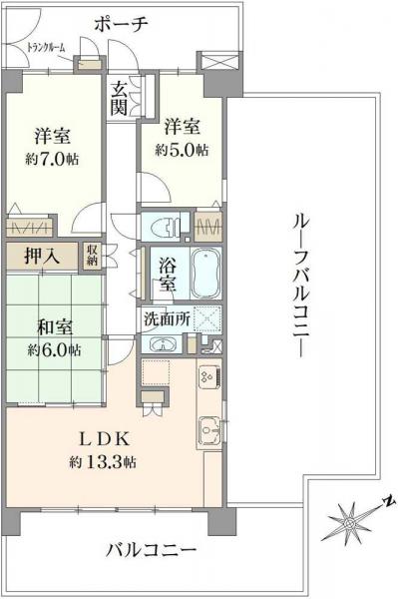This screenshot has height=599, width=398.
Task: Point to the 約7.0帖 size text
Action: pos(54,159)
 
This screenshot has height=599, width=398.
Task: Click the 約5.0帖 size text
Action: pos(183,149)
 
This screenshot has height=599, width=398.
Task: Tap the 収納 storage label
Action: pos(92,255)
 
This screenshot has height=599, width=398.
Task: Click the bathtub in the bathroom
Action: pos(206,270)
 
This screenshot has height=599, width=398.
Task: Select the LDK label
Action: pos(100,439)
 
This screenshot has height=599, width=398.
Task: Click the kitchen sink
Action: pos(209,429)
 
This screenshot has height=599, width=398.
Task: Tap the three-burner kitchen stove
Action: pos(210,376)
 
